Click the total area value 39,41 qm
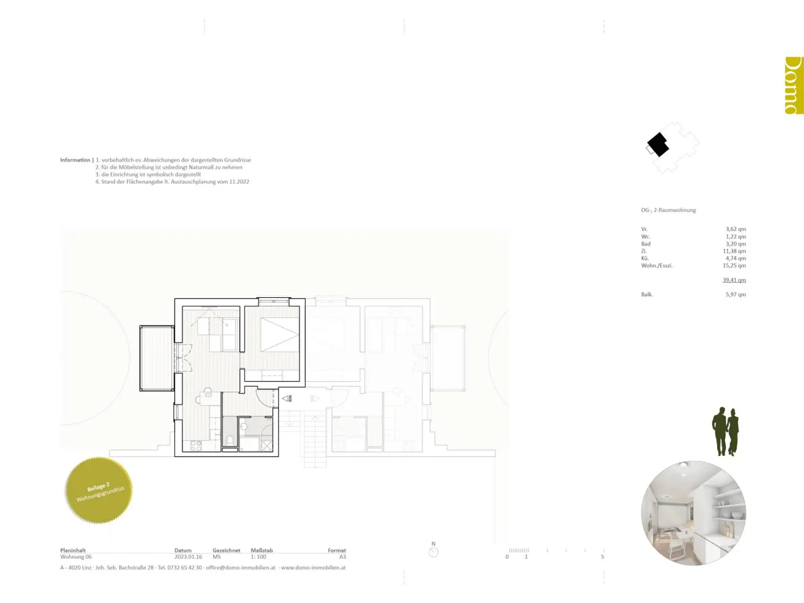pos(734,280)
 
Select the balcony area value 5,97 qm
pos(735,295)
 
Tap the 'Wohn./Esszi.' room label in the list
pos(656,266)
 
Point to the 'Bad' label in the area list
pos(646,244)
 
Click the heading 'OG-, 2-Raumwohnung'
pos(668,210)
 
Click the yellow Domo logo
pos(794,85)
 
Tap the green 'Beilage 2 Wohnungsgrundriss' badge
pos(99,490)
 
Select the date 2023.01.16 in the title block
pos(188,557)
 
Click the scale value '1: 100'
pos(258,557)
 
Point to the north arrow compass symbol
pos(433,552)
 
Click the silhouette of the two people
pos(725,432)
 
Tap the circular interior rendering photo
pos(694,513)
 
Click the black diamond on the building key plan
pos(658,144)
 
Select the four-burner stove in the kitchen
pos(196,446)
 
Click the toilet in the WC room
pos(230,439)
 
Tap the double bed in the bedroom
pos(280,334)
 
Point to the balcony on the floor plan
pos(157,358)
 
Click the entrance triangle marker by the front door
pos(286,399)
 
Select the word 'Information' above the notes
pos(75,160)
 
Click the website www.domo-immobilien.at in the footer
pos(313,567)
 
